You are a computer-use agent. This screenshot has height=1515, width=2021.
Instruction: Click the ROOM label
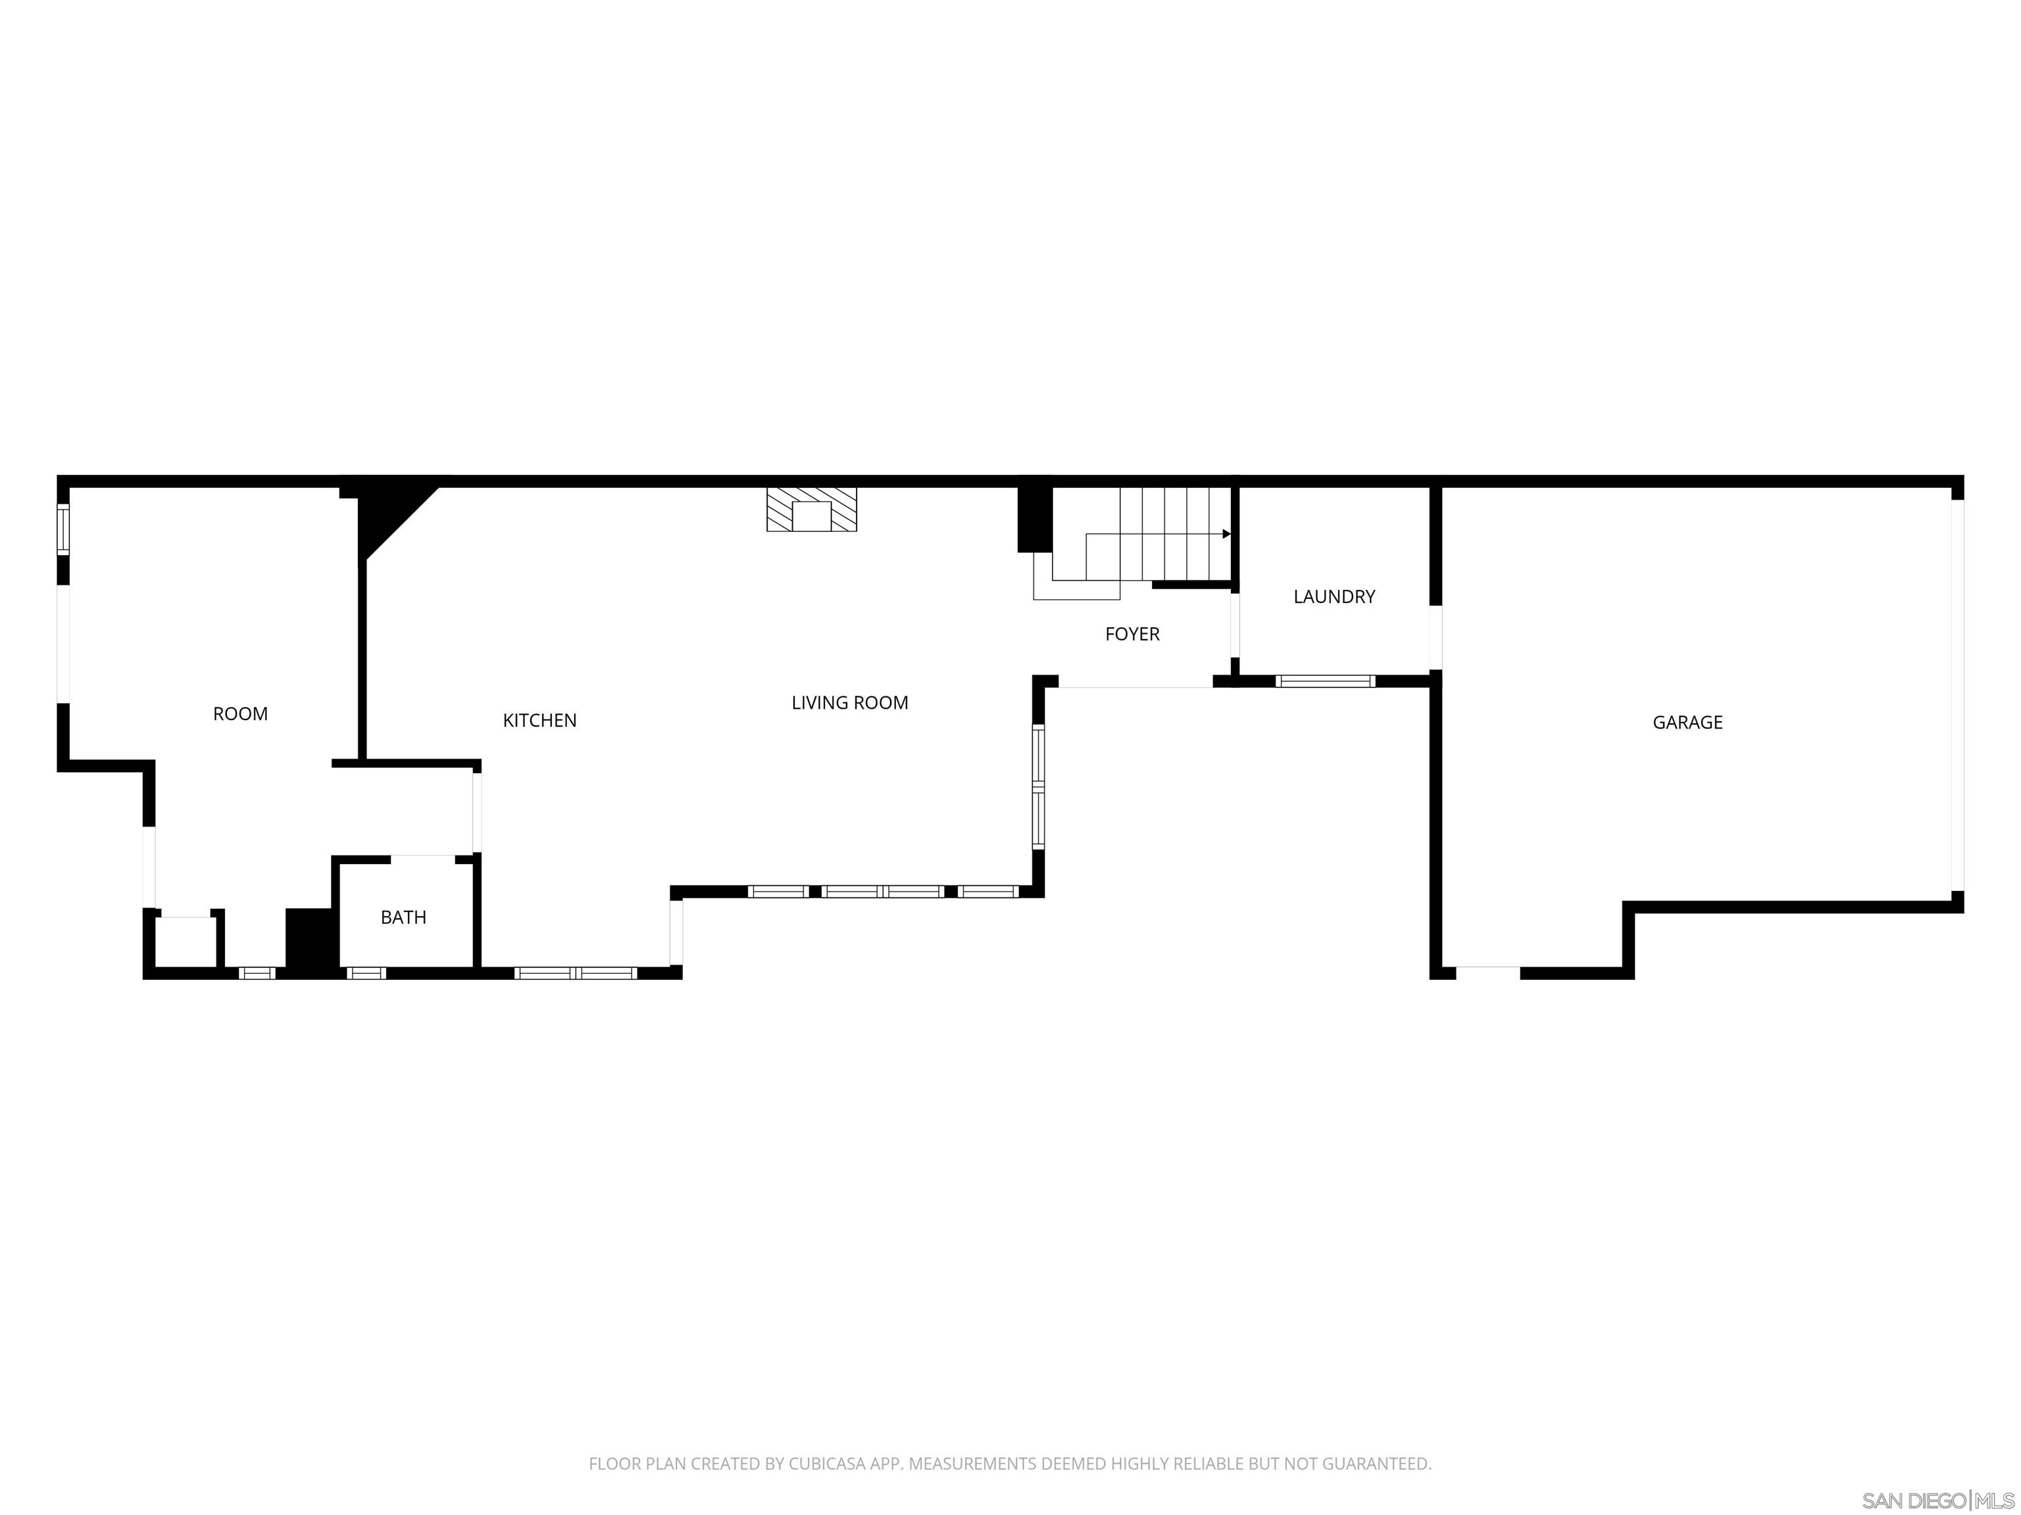click(x=240, y=714)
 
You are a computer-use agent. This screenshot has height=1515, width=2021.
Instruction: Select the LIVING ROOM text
click(x=850, y=703)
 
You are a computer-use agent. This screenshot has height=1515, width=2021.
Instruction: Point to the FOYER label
click(x=1132, y=635)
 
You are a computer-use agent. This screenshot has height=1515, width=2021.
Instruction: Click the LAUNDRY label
click(x=1334, y=597)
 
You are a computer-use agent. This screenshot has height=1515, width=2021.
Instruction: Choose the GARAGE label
click(x=1687, y=723)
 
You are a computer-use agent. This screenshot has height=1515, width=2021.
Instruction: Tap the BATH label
click(x=403, y=918)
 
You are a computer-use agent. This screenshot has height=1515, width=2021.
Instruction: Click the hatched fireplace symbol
click(x=811, y=510)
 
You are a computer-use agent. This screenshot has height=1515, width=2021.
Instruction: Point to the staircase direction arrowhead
click(x=1226, y=534)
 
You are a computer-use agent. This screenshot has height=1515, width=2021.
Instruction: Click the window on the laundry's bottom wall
click(x=1325, y=681)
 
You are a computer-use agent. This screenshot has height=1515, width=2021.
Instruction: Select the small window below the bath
click(x=366, y=973)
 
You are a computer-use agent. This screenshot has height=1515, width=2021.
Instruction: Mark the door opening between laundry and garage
click(x=1435, y=637)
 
